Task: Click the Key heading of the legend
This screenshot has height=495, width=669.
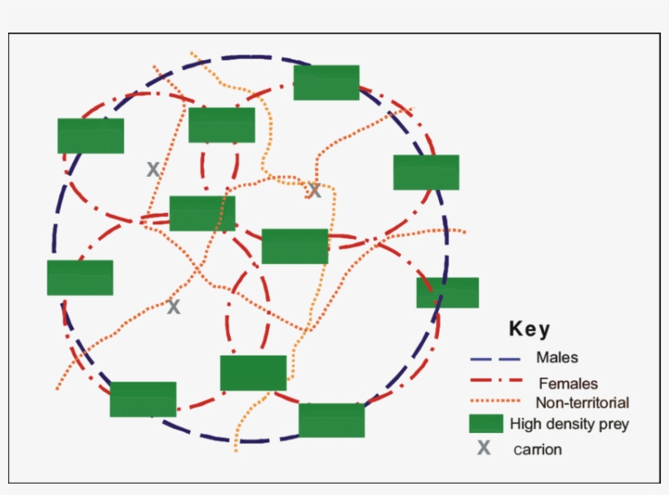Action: tap(529, 329)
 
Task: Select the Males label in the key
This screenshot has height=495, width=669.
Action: tap(557, 357)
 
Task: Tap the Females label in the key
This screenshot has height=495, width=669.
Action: tap(568, 383)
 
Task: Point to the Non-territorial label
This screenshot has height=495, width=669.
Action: tap(582, 403)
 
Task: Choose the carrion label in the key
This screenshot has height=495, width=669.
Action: tap(538, 449)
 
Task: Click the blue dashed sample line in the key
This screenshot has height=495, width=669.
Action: tap(494, 358)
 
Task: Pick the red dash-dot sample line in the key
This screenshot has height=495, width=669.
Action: tap(494, 381)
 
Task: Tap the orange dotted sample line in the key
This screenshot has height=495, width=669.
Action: tap(494, 401)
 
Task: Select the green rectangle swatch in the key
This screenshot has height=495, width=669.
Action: tap(485, 423)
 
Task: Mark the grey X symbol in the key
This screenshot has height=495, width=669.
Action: tap(484, 448)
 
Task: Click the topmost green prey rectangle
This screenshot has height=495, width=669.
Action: tap(326, 82)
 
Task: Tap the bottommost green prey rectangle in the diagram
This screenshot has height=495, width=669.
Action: tap(331, 420)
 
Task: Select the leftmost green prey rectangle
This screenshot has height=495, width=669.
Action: tap(80, 277)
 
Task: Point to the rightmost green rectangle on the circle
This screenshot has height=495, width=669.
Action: tap(447, 293)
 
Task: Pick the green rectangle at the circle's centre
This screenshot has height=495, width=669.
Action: tap(295, 246)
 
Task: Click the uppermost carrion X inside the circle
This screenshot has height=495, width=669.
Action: tap(153, 170)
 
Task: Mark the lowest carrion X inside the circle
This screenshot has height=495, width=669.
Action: tap(173, 307)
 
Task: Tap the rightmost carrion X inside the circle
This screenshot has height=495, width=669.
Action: tap(314, 191)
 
